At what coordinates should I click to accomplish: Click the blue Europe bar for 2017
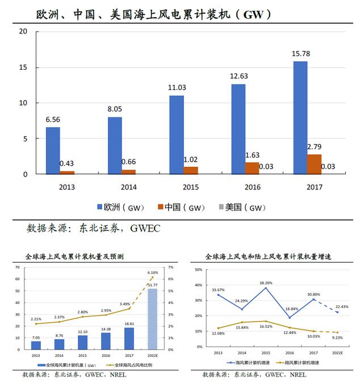click(x=300, y=117)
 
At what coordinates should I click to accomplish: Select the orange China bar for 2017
click(x=314, y=164)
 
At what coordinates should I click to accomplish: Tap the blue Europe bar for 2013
click(x=53, y=150)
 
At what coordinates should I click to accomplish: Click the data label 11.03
click(x=177, y=87)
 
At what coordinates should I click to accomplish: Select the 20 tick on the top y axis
click(x=23, y=31)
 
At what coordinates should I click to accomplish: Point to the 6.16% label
click(x=152, y=272)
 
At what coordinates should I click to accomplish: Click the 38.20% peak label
click(x=266, y=282)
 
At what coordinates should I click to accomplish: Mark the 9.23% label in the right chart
click(x=337, y=338)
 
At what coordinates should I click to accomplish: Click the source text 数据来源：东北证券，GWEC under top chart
click(x=94, y=229)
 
